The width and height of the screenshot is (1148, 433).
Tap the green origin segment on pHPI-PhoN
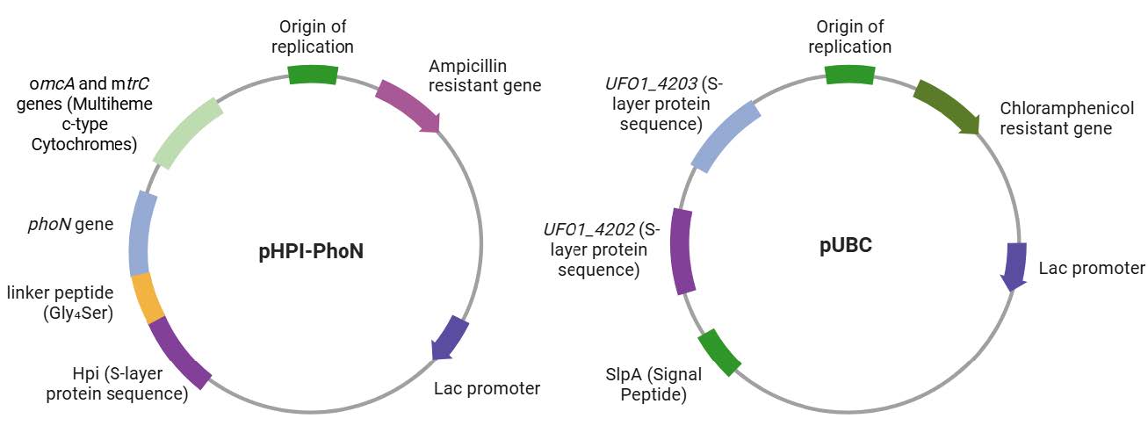313,75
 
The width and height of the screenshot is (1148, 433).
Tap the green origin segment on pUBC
849,75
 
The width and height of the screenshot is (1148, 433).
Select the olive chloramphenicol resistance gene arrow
948,106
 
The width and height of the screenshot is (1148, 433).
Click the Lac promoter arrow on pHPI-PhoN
451,337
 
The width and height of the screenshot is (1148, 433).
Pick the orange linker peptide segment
147,298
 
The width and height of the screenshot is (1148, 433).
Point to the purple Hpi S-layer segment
179,352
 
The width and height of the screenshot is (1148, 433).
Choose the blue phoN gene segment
141,234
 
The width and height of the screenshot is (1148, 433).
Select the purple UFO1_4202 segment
682,250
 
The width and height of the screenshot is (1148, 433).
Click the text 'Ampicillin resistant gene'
485,76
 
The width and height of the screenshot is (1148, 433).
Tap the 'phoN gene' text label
69,224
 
